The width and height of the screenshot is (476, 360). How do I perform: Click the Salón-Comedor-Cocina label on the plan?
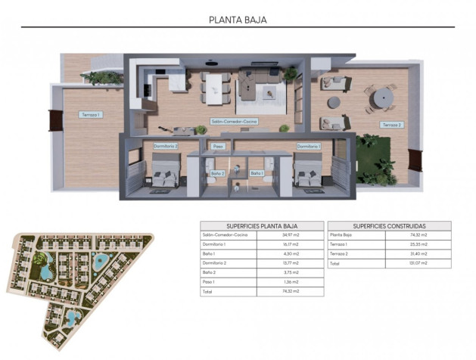coord(234,121)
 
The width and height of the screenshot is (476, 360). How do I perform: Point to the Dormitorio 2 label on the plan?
coord(165,145)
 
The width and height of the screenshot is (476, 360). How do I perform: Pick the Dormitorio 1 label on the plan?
coord(308,145)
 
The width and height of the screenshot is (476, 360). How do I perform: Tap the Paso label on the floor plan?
coord(218,146)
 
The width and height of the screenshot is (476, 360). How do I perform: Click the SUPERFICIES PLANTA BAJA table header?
coord(262,225)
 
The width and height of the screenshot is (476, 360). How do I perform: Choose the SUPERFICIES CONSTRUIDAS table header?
coord(389,225)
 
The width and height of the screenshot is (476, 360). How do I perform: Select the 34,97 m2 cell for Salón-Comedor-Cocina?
coord(291,235)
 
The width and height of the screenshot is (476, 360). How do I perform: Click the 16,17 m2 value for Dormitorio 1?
coord(291,244)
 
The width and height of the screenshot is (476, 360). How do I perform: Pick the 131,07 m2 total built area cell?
coord(419,263)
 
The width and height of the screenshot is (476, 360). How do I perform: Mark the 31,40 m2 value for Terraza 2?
coord(419,254)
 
